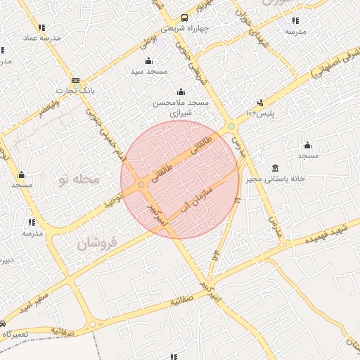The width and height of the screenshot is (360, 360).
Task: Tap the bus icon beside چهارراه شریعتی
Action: (x=184, y=18)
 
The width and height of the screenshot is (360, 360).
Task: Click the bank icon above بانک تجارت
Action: (x=75, y=80)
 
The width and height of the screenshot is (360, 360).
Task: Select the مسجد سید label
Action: (x=147, y=71)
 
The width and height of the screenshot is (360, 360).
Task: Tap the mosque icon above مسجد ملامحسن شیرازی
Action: (x=181, y=92)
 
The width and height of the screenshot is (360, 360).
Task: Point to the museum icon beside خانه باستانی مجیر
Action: (x=274, y=169)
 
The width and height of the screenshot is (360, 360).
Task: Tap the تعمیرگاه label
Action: (x=15, y=333)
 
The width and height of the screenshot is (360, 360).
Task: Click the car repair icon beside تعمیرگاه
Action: (x=3, y=323)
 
